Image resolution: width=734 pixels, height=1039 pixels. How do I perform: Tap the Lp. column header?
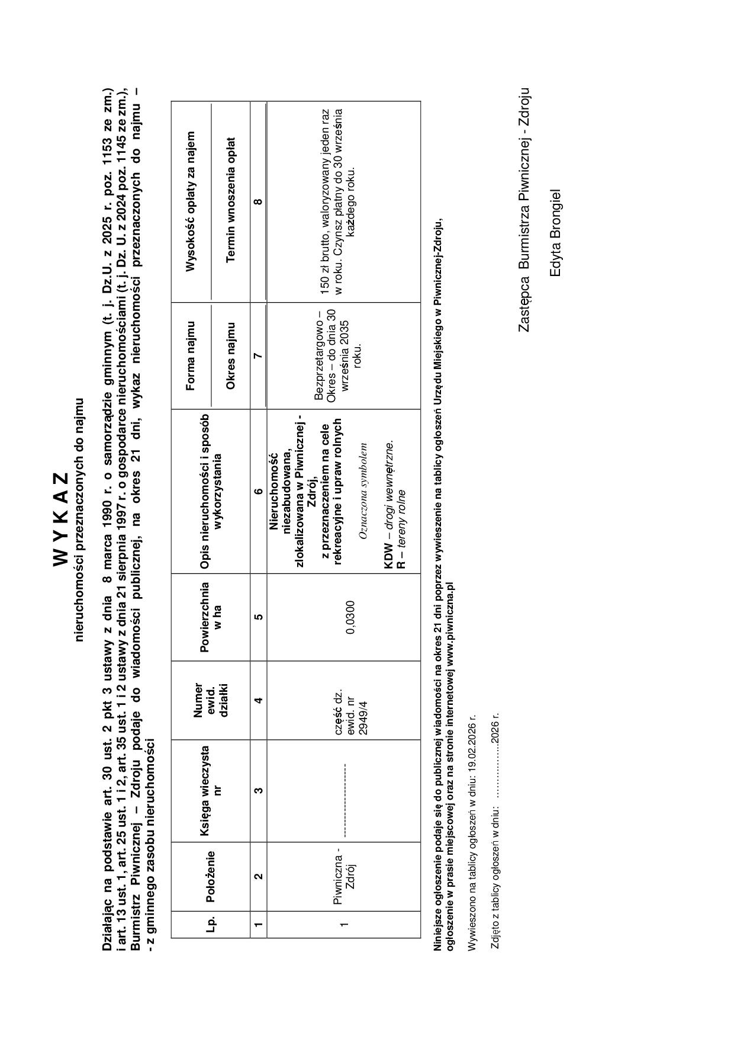point(210,924)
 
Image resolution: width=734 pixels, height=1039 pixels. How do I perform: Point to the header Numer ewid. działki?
point(210,700)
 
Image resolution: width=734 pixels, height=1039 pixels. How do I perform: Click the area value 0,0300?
point(350,617)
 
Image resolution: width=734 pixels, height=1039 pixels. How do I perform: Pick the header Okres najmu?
point(231,355)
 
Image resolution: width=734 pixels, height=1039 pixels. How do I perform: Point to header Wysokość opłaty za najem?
point(191,201)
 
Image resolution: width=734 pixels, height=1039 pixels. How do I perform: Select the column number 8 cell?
point(258,201)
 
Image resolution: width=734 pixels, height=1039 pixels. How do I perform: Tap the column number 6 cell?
point(258,491)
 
